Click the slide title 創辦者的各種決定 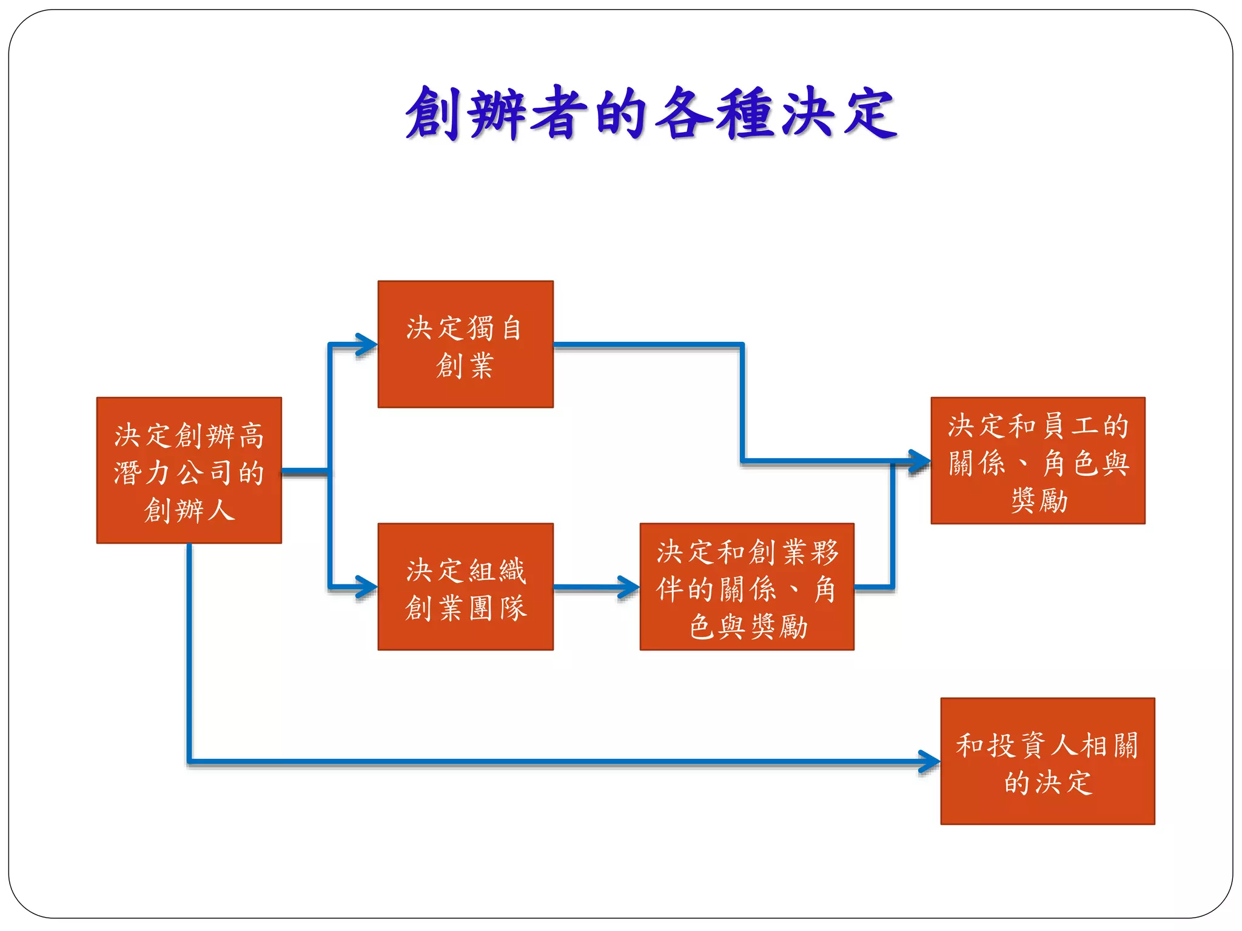[x=651, y=114]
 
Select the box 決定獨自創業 [x=465, y=344]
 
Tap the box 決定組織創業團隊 [x=465, y=587]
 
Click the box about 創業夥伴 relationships [x=747, y=587]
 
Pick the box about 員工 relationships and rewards [x=1038, y=461]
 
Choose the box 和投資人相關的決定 [x=1047, y=761]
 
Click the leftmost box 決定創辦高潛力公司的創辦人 [x=189, y=470]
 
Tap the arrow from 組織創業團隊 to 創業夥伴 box [x=594, y=587]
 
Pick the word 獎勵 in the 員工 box [x=1039, y=501]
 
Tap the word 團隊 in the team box [x=497, y=608]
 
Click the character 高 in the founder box [x=251, y=436]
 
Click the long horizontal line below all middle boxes [x=546, y=761]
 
